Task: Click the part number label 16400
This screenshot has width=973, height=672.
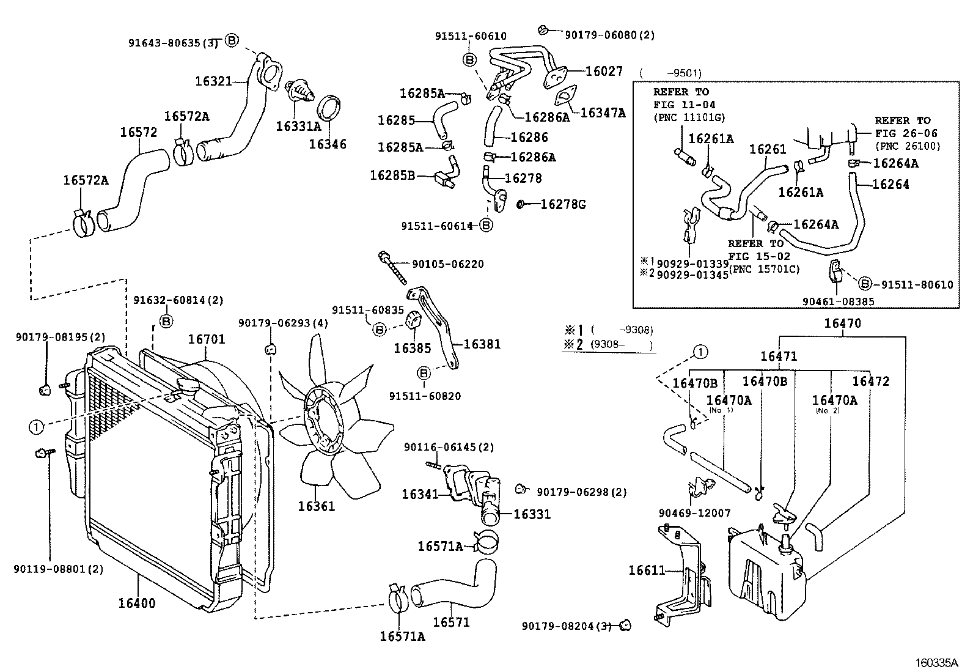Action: (137, 604)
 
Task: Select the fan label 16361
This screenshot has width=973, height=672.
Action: (317, 506)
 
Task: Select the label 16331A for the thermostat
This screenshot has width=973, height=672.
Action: (298, 127)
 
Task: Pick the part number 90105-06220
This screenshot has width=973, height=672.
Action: (448, 264)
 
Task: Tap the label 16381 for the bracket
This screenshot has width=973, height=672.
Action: (482, 344)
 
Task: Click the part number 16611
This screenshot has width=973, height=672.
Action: (647, 570)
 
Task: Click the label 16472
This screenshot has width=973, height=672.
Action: (870, 382)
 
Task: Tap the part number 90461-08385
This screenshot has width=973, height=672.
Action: (838, 301)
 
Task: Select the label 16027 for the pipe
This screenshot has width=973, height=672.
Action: (604, 72)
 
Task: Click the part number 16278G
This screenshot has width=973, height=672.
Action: (563, 204)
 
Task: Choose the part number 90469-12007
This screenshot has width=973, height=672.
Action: (694, 514)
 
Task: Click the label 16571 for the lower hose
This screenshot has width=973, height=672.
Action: (451, 622)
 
